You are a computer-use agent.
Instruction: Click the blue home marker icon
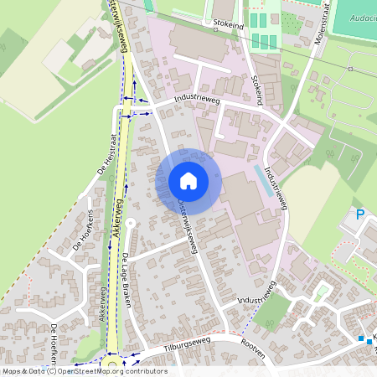(188, 180)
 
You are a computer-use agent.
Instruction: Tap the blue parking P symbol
(360, 215)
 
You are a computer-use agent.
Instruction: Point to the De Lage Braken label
(127, 279)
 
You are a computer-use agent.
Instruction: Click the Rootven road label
(252, 353)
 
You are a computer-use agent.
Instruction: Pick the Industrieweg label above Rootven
(256, 296)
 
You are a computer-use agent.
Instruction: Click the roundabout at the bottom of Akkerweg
(111, 366)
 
